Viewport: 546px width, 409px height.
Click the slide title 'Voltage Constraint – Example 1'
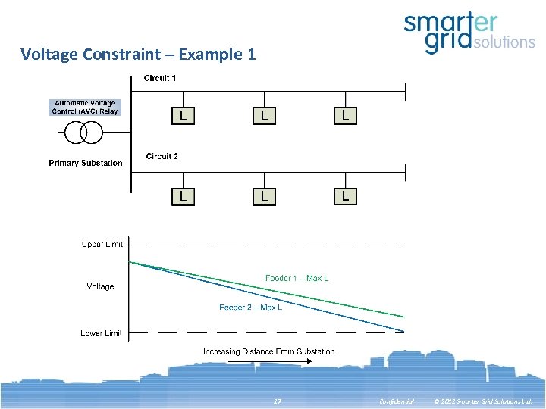click(x=138, y=55)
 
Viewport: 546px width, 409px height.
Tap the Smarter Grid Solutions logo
click(x=469, y=34)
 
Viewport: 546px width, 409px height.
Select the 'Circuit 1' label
click(x=160, y=78)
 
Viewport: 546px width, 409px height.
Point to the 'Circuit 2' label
click(x=162, y=157)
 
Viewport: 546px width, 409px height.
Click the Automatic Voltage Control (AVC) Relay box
click(x=85, y=107)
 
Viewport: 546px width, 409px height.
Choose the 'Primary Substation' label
click(x=85, y=164)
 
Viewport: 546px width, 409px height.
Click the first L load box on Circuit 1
click(x=183, y=116)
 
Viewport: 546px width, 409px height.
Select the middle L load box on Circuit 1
click(x=264, y=116)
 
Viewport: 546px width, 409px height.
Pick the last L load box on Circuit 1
click(x=345, y=115)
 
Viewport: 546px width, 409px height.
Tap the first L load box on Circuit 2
click(x=183, y=196)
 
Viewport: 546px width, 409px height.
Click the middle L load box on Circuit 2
click(x=264, y=196)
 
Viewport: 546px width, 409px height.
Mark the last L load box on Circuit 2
click(x=345, y=196)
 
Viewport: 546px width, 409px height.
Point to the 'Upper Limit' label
click(x=102, y=245)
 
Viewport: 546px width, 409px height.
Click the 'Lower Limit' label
click(x=102, y=333)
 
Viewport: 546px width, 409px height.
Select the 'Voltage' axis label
click(x=100, y=287)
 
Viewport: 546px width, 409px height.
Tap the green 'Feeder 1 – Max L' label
click(x=297, y=279)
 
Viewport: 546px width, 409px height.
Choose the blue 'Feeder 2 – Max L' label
click(x=250, y=308)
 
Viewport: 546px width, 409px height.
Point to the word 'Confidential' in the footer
click(x=397, y=401)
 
